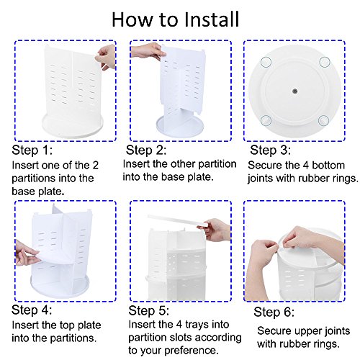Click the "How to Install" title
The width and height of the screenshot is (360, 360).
coord(176,19)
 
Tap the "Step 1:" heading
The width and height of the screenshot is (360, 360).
coord(32,150)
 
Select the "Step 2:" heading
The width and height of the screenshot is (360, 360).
coord(146,150)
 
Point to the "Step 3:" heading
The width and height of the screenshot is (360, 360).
coord(270,150)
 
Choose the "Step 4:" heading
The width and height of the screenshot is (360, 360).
coord(32,310)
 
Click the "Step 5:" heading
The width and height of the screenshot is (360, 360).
coord(149,310)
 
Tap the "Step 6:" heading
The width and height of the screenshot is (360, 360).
coord(274,312)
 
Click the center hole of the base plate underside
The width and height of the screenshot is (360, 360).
coord(295,91)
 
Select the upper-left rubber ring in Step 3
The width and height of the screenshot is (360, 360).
coord(266,62)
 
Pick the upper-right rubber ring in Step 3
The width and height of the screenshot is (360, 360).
coord(325,62)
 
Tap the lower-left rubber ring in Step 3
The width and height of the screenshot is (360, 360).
coord(266,120)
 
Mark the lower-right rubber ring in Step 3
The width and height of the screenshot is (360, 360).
coord(323,120)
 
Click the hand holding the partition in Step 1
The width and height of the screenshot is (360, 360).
coord(106,57)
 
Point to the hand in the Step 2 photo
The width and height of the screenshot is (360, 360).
coord(147,50)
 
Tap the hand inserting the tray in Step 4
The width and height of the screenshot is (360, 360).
coord(27,253)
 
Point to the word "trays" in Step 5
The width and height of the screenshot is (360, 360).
coord(194,325)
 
